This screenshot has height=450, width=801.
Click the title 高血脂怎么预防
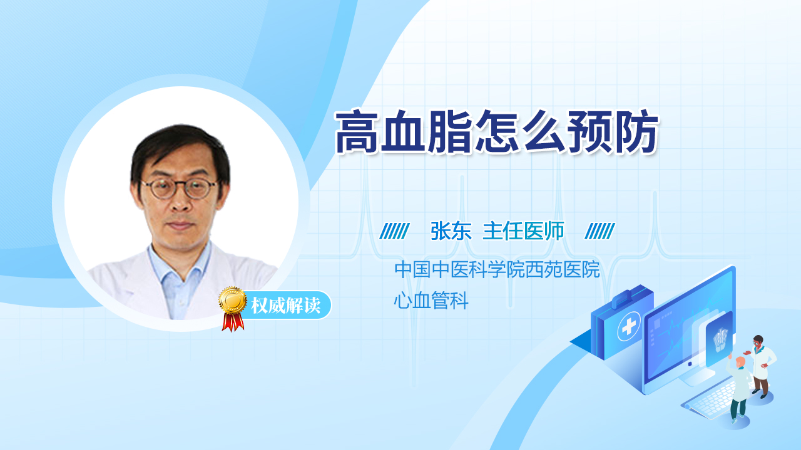(x=496, y=131)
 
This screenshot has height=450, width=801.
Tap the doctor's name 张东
(x=451, y=231)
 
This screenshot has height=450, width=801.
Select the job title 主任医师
(x=524, y=231)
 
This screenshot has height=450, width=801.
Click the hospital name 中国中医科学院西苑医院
(x=497, y=269)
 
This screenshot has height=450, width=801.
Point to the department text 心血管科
(x=431, y=301)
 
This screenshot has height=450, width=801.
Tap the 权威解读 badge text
(x=285, y=306)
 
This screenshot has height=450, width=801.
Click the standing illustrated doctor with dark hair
(x=761, y=366)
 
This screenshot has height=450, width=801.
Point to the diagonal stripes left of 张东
(x=394, y=231)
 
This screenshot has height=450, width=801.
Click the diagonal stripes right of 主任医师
(x=599, y=231)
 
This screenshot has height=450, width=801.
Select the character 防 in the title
(x=636, y=131)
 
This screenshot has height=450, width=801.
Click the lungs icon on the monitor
(x=720, y=339)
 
